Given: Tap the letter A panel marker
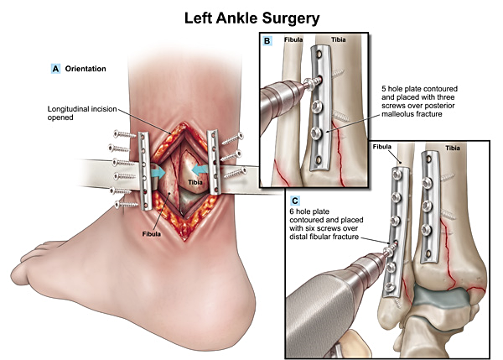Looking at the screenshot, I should coord(55,69).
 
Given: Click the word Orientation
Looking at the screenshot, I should coord(86,69).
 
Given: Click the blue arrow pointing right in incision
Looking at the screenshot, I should coord(157,170).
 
